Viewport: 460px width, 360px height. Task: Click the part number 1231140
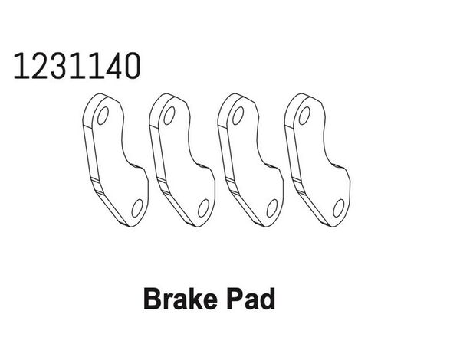[77, 66]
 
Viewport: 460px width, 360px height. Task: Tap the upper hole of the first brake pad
[103, 116]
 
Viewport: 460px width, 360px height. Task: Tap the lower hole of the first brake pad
[137, 208]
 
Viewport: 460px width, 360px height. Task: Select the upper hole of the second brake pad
[169, 116]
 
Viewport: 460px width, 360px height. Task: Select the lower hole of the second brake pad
[204, 208]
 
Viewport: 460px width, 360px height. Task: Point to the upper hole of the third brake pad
[238, 116]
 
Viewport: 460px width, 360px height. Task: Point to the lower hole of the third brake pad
[272, 208]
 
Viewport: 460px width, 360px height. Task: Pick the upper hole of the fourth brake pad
[304, 116]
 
